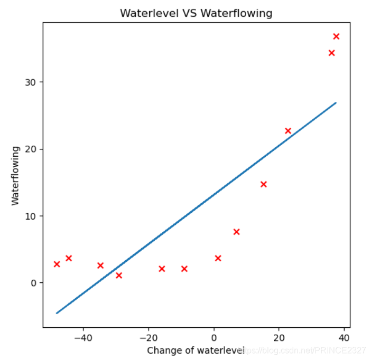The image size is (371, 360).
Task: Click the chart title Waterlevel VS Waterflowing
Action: tap(196, 13)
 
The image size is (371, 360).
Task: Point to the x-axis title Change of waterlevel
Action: tap(196, 350)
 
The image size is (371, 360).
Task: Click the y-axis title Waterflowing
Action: tap(15, 175)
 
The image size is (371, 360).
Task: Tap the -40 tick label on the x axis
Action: tap(82, 338)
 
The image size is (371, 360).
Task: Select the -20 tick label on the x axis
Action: tap(148, 338)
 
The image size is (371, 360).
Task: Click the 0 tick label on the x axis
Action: tap(214, 338)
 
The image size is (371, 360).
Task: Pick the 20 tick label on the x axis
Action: tap(279, 338)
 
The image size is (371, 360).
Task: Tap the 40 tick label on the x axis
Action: tap(344, 338)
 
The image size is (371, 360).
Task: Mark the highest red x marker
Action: tap(336, 36)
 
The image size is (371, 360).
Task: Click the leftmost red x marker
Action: tap(57, 264)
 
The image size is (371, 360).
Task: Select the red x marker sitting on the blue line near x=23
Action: tap(288, 131)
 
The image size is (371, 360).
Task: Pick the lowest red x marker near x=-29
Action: tap(119, 275)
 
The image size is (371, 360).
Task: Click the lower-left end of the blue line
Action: tap(57, 313)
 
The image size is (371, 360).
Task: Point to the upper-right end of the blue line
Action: tap(336, 103)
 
